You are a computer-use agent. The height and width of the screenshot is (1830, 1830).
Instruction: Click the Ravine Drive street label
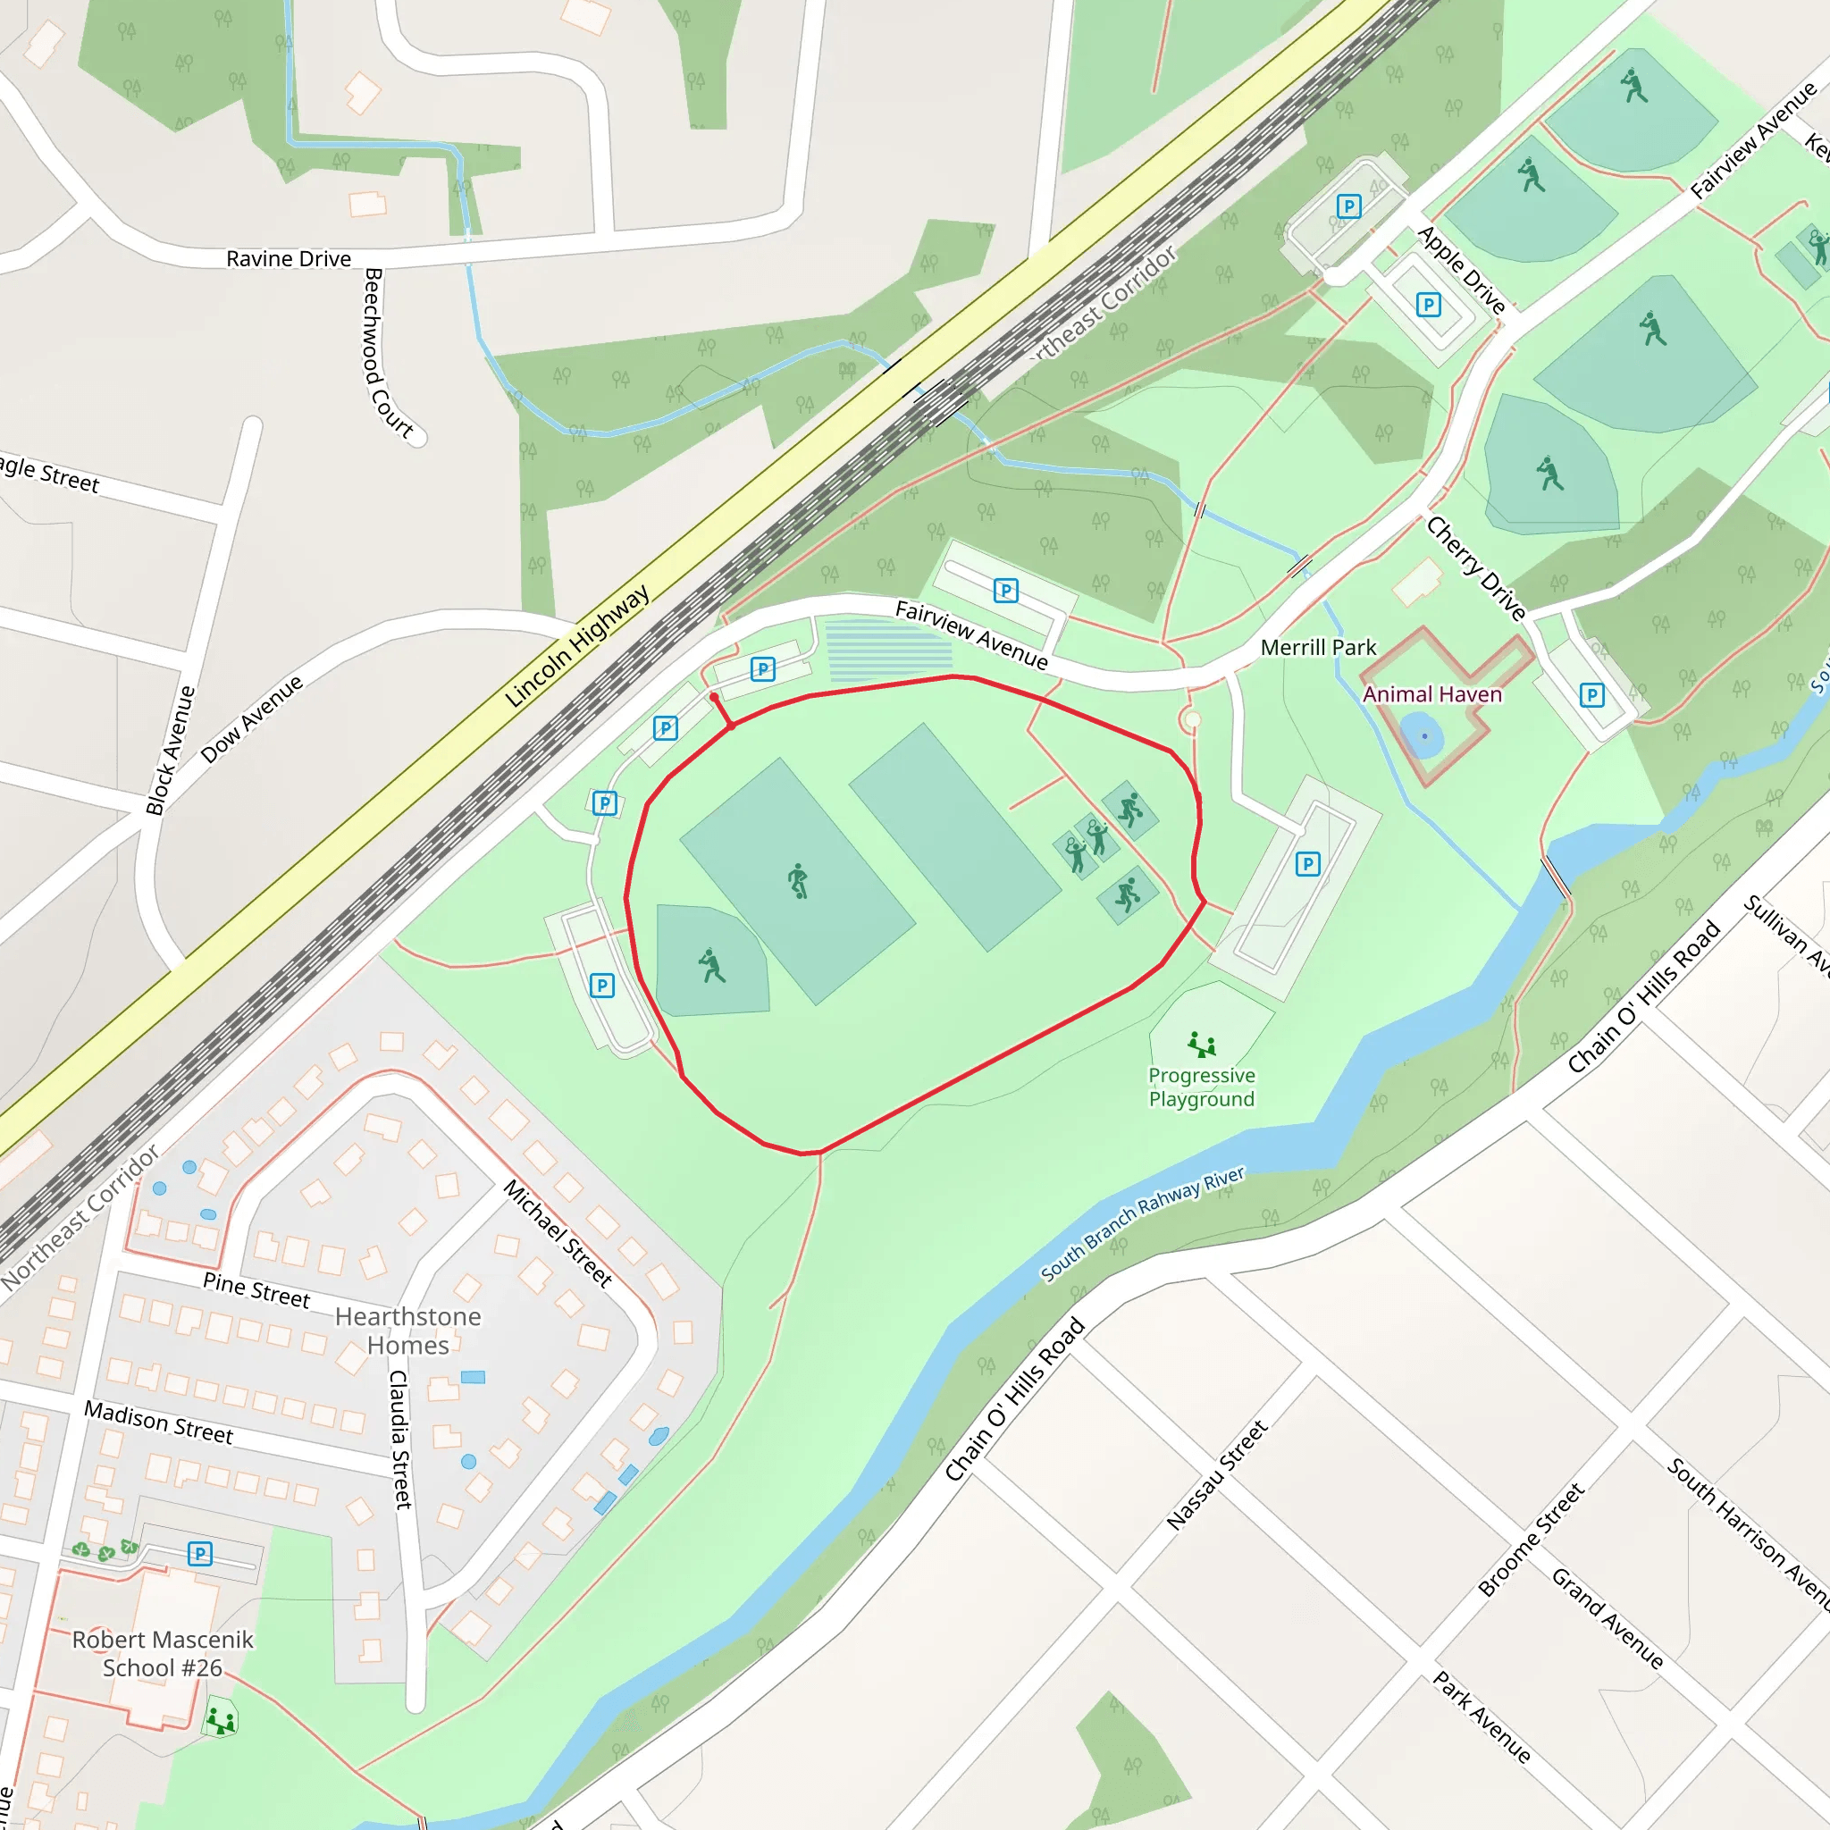pos(288,258)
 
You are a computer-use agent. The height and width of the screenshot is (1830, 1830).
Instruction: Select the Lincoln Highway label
pos(577,645)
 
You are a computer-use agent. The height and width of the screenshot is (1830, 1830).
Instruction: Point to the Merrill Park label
pos(1318,648)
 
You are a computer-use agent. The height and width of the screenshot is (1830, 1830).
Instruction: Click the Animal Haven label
pos(1431,694)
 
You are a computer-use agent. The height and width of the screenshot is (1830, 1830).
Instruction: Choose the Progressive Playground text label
pos(1201,1087)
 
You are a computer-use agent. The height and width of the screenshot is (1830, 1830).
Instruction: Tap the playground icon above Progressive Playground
pos(1201,1045)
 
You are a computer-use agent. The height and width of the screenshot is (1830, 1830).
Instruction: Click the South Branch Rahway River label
pos(1142,1223)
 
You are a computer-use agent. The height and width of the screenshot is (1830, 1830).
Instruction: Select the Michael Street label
pos(558,1233)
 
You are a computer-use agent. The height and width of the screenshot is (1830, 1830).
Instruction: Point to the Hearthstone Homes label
pos(407,1331)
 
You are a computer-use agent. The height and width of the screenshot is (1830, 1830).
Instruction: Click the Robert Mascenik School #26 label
pos(162,1654)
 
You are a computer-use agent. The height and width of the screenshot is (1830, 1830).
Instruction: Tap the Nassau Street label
pos(1216,1473)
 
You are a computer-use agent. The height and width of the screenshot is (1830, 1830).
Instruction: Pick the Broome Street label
pos(1531,1540)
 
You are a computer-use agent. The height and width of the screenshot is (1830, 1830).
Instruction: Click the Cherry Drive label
pos(1476,568)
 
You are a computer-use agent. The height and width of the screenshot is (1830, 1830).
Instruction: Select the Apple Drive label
pos(1461,270)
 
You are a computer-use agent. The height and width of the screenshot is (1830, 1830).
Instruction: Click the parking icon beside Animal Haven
pos(1592,695)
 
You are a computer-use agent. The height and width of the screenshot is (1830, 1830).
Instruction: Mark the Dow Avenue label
pos(252,718)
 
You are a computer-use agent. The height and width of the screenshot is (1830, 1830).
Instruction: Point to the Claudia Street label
pos(400,1439)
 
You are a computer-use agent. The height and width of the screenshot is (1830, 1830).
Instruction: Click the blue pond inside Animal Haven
pos(1422,735)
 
